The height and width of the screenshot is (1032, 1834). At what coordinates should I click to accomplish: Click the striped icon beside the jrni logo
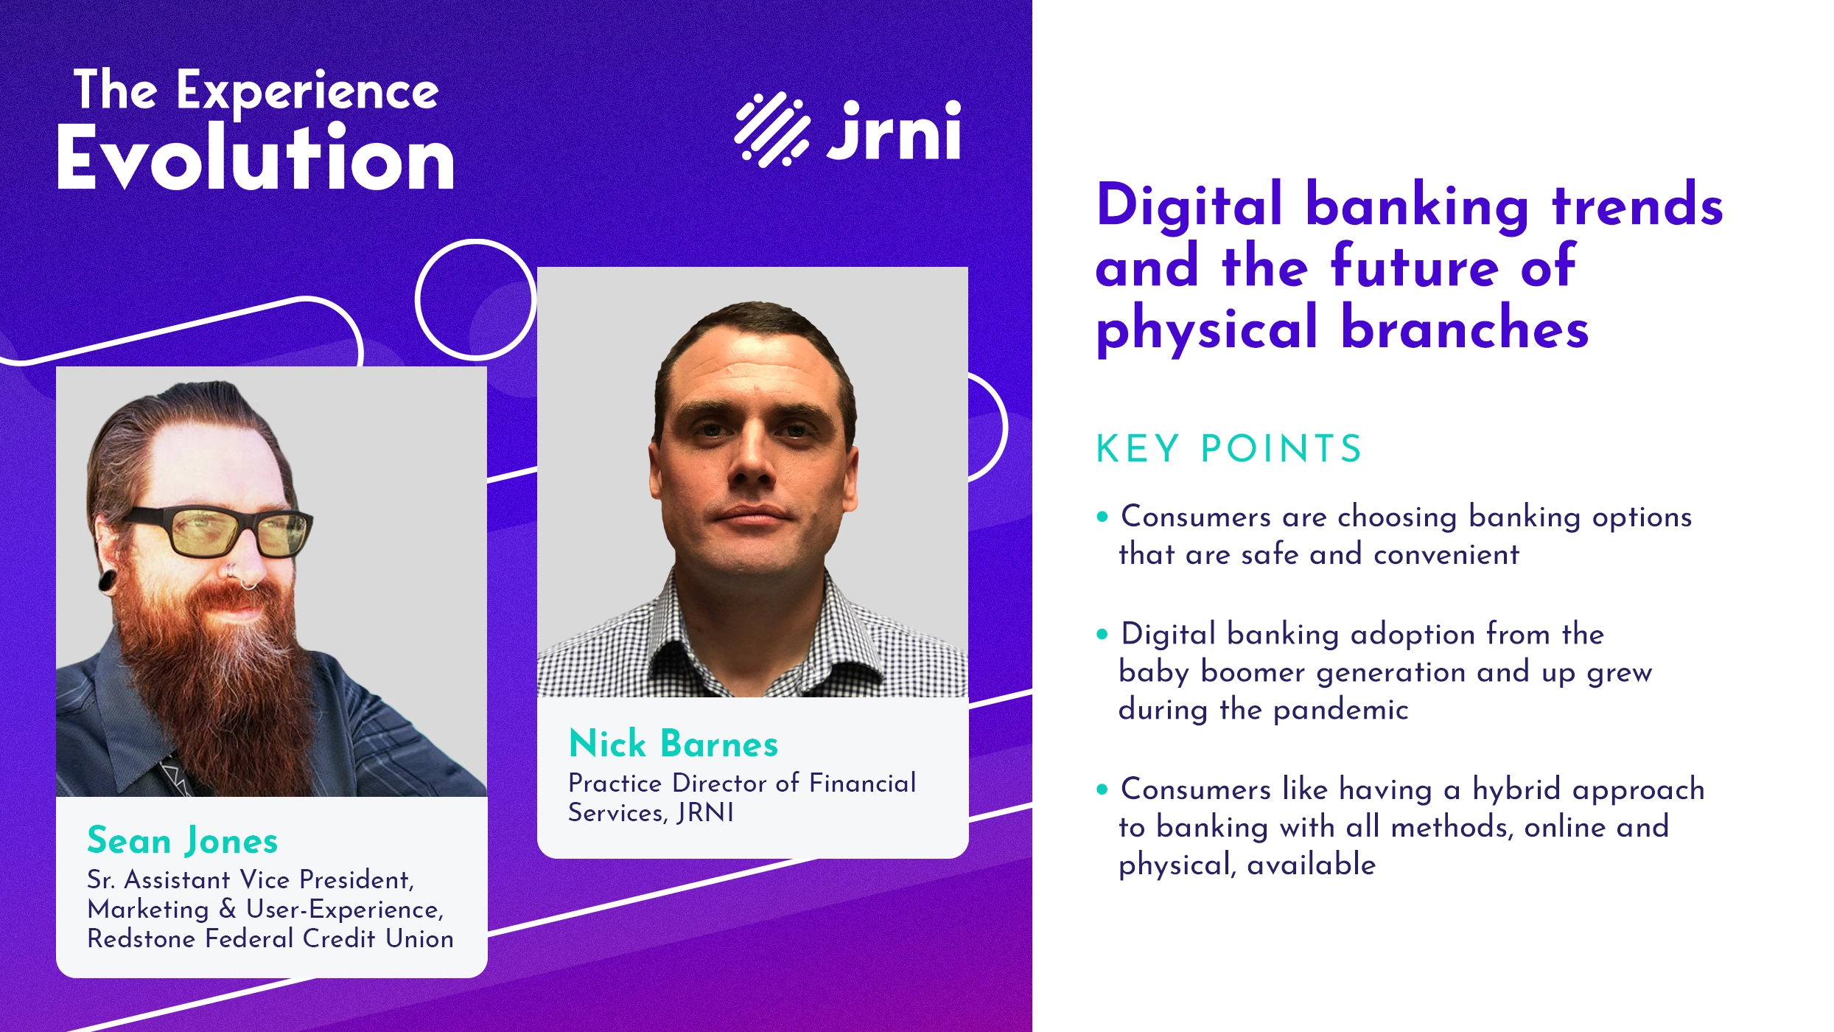771,130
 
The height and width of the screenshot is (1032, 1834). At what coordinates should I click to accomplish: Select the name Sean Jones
182,841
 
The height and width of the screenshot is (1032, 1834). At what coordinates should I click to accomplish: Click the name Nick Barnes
673,744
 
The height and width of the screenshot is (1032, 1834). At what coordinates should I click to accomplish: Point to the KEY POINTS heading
1228,449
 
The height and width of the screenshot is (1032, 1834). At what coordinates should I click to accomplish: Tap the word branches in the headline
1464,329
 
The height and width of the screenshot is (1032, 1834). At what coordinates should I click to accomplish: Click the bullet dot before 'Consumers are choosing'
1102,517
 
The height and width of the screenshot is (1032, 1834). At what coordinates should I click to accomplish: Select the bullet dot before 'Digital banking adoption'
1102,634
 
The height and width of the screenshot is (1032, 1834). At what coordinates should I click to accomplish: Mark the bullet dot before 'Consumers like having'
1102,789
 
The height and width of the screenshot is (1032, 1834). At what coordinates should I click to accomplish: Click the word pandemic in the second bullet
1340,710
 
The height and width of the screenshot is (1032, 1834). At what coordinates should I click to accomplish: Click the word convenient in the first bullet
1446,554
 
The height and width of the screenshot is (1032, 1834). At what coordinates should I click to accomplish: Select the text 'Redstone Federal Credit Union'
270,938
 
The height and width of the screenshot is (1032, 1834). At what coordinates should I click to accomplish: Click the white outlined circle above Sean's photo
475,299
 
